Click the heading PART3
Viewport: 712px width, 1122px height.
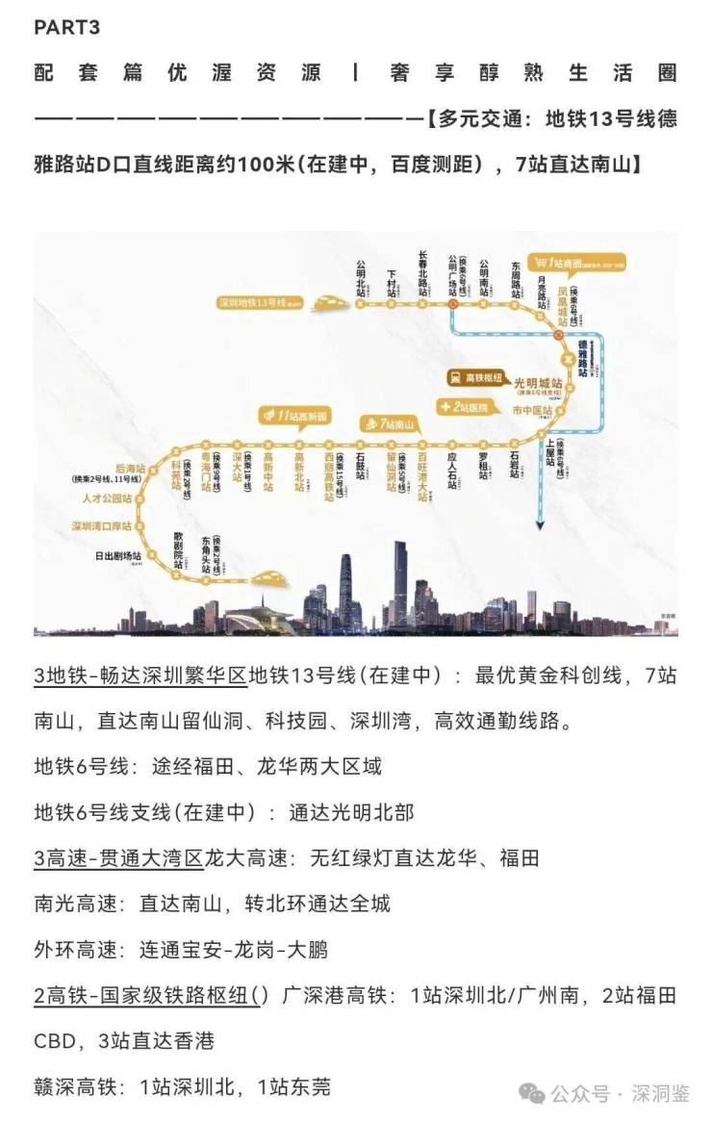point(66,28)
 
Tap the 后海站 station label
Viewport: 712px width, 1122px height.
point(125,469)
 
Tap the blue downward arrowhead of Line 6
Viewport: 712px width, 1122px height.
point(541,523)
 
